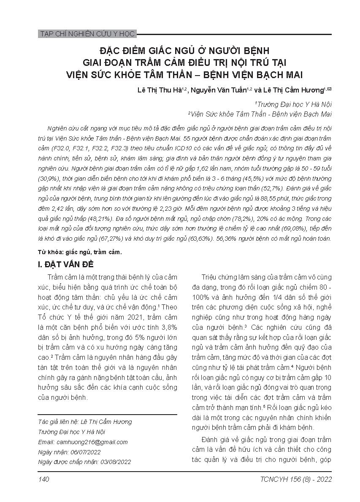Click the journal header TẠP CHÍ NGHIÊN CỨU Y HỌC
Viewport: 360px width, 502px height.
[x=87, y=34]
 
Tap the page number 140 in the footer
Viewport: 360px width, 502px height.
[x=44, y=479]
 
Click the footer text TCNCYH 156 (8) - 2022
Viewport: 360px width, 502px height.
[x=297, y=479]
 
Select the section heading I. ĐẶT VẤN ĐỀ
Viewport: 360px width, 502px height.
[x=66, y=265]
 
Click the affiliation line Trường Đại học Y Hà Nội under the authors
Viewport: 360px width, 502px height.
[x=294, y=104]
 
